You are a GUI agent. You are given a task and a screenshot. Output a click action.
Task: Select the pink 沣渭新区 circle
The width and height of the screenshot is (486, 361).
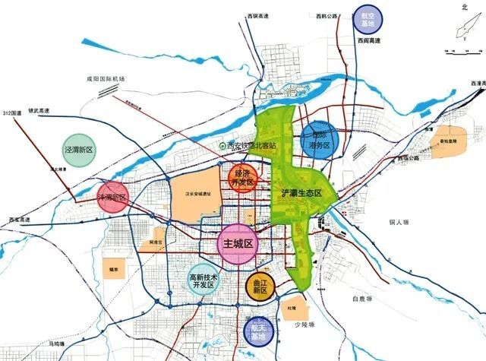(113, 198)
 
